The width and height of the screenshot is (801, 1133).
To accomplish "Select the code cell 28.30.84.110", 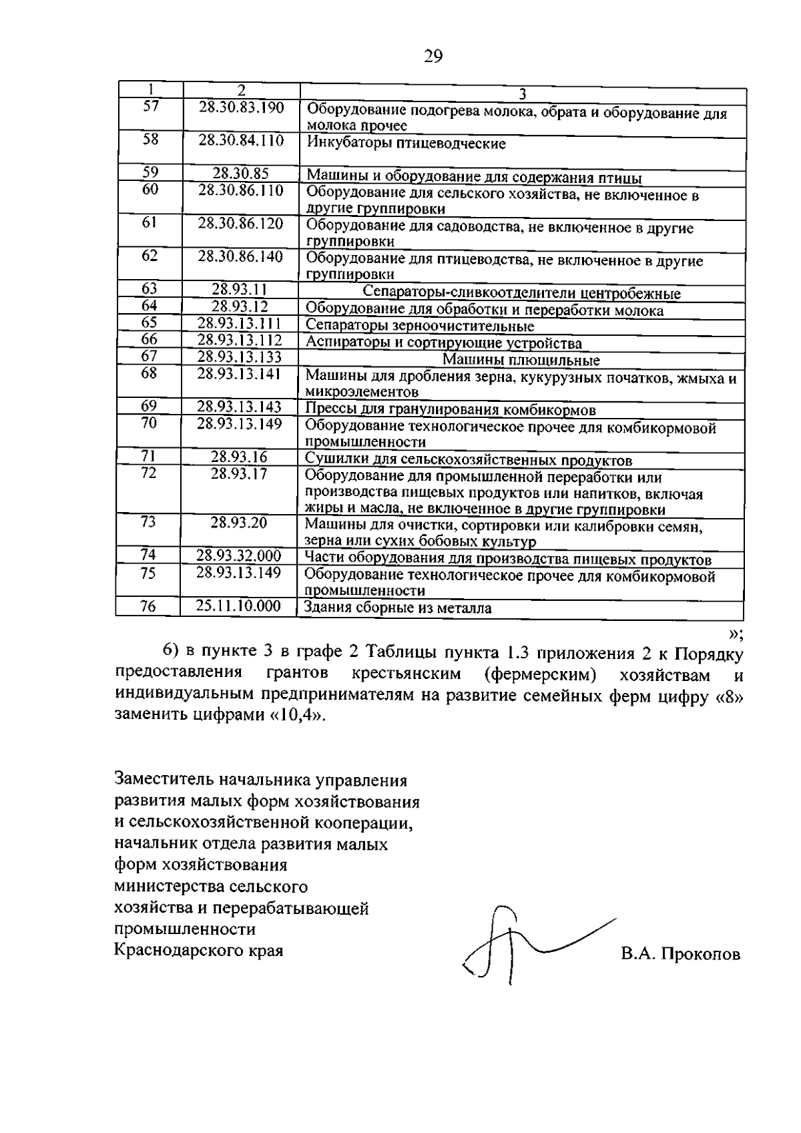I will coord(241,141).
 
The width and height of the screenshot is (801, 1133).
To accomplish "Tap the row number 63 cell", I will coord(150,289).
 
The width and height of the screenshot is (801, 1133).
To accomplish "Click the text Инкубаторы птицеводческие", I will coord(406,144).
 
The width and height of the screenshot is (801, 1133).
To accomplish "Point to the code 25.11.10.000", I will coord(238,606).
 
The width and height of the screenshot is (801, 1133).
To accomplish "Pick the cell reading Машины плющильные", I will coord(521,361).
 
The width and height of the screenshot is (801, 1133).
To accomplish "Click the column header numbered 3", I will coord(523,93).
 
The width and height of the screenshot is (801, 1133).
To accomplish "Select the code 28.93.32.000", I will coord(239,556).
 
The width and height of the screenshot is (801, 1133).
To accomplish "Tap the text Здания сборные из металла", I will coord(398,608).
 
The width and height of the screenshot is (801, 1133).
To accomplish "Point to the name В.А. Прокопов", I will coord(680,954).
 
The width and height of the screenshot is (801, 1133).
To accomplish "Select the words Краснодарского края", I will coord(199,949).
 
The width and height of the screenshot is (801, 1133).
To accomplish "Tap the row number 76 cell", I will coord(148,606).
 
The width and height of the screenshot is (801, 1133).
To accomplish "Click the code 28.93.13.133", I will coord(240,357).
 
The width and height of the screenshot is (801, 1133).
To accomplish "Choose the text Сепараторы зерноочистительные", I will coord(420,326).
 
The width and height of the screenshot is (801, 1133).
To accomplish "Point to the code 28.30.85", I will coord(240,174).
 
